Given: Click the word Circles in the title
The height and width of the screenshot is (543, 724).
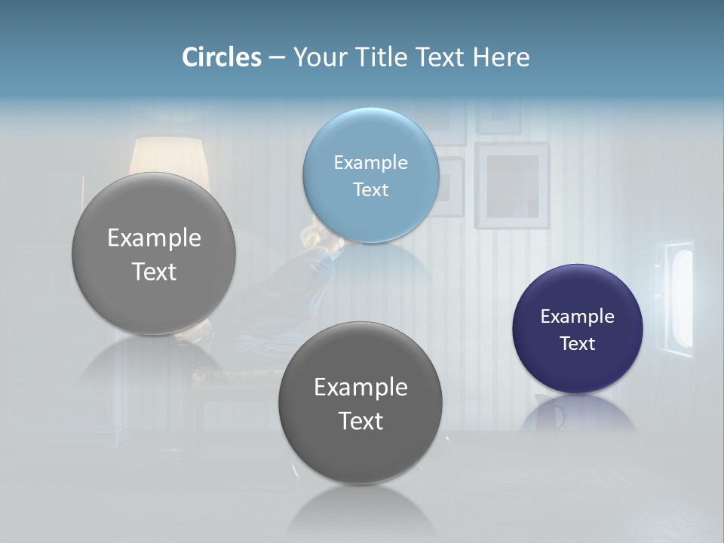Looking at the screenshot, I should tap(222, 57).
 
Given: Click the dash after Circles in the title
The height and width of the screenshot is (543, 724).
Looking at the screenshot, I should tap(277, 58).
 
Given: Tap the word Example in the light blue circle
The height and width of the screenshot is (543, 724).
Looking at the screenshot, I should tap(370, 163).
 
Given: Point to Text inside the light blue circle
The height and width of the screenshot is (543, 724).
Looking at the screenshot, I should tap(370, 189).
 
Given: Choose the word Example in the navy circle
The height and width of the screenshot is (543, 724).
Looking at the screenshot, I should tap(577, 317).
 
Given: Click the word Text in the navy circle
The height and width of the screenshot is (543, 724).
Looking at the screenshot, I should tap(577, 343).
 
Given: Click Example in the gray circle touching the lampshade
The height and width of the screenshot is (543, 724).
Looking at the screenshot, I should tap(154, 238).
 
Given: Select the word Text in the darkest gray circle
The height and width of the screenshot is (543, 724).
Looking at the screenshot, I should tap(360, 420).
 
